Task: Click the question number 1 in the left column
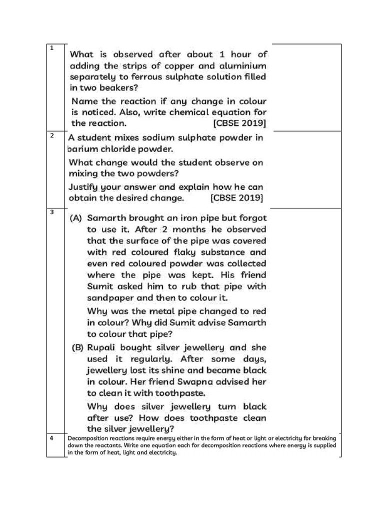pyautogui.click(x=51, y=48)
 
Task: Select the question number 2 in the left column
pyautogui.click(x=52, y=135)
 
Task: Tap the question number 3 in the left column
pyautogui.click(x=52, y=212)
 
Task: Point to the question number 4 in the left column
pyautogui.click(x=52, y=437)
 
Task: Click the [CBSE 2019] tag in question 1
pyautogui.click(x=239, y=122)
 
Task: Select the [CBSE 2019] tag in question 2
pyautogui.click(x=236, y=197)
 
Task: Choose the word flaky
pyautogui.click(x=189, y=252)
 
